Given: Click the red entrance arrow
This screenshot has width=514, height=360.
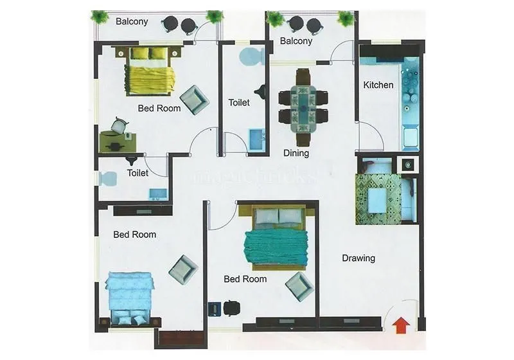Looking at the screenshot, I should tap(400, 325).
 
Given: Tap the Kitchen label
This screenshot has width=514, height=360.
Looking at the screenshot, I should tap(378, 85).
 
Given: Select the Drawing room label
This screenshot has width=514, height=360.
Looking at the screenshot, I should tap(358, 258).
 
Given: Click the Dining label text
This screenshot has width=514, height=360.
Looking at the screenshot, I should tap(296, 154).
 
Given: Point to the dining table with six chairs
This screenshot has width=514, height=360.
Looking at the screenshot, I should tap(303, 107).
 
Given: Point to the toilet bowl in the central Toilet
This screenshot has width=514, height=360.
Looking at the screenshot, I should tap(251, 57).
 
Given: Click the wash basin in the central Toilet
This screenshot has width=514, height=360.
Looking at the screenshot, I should tap(256, 139).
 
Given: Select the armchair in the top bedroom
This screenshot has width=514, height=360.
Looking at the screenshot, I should tap(194, 100).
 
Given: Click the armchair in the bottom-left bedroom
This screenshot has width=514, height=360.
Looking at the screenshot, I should tap(183, 269).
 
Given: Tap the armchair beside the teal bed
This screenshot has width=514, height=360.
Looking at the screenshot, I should tap(299, 286).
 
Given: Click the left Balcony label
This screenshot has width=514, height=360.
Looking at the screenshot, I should tap(132, 21).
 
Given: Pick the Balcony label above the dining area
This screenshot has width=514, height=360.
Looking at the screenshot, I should tap(296, 41).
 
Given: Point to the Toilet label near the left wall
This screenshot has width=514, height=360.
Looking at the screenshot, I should tap(137, 173).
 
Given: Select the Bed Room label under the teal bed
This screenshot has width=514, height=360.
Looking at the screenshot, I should tap(245, 279).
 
